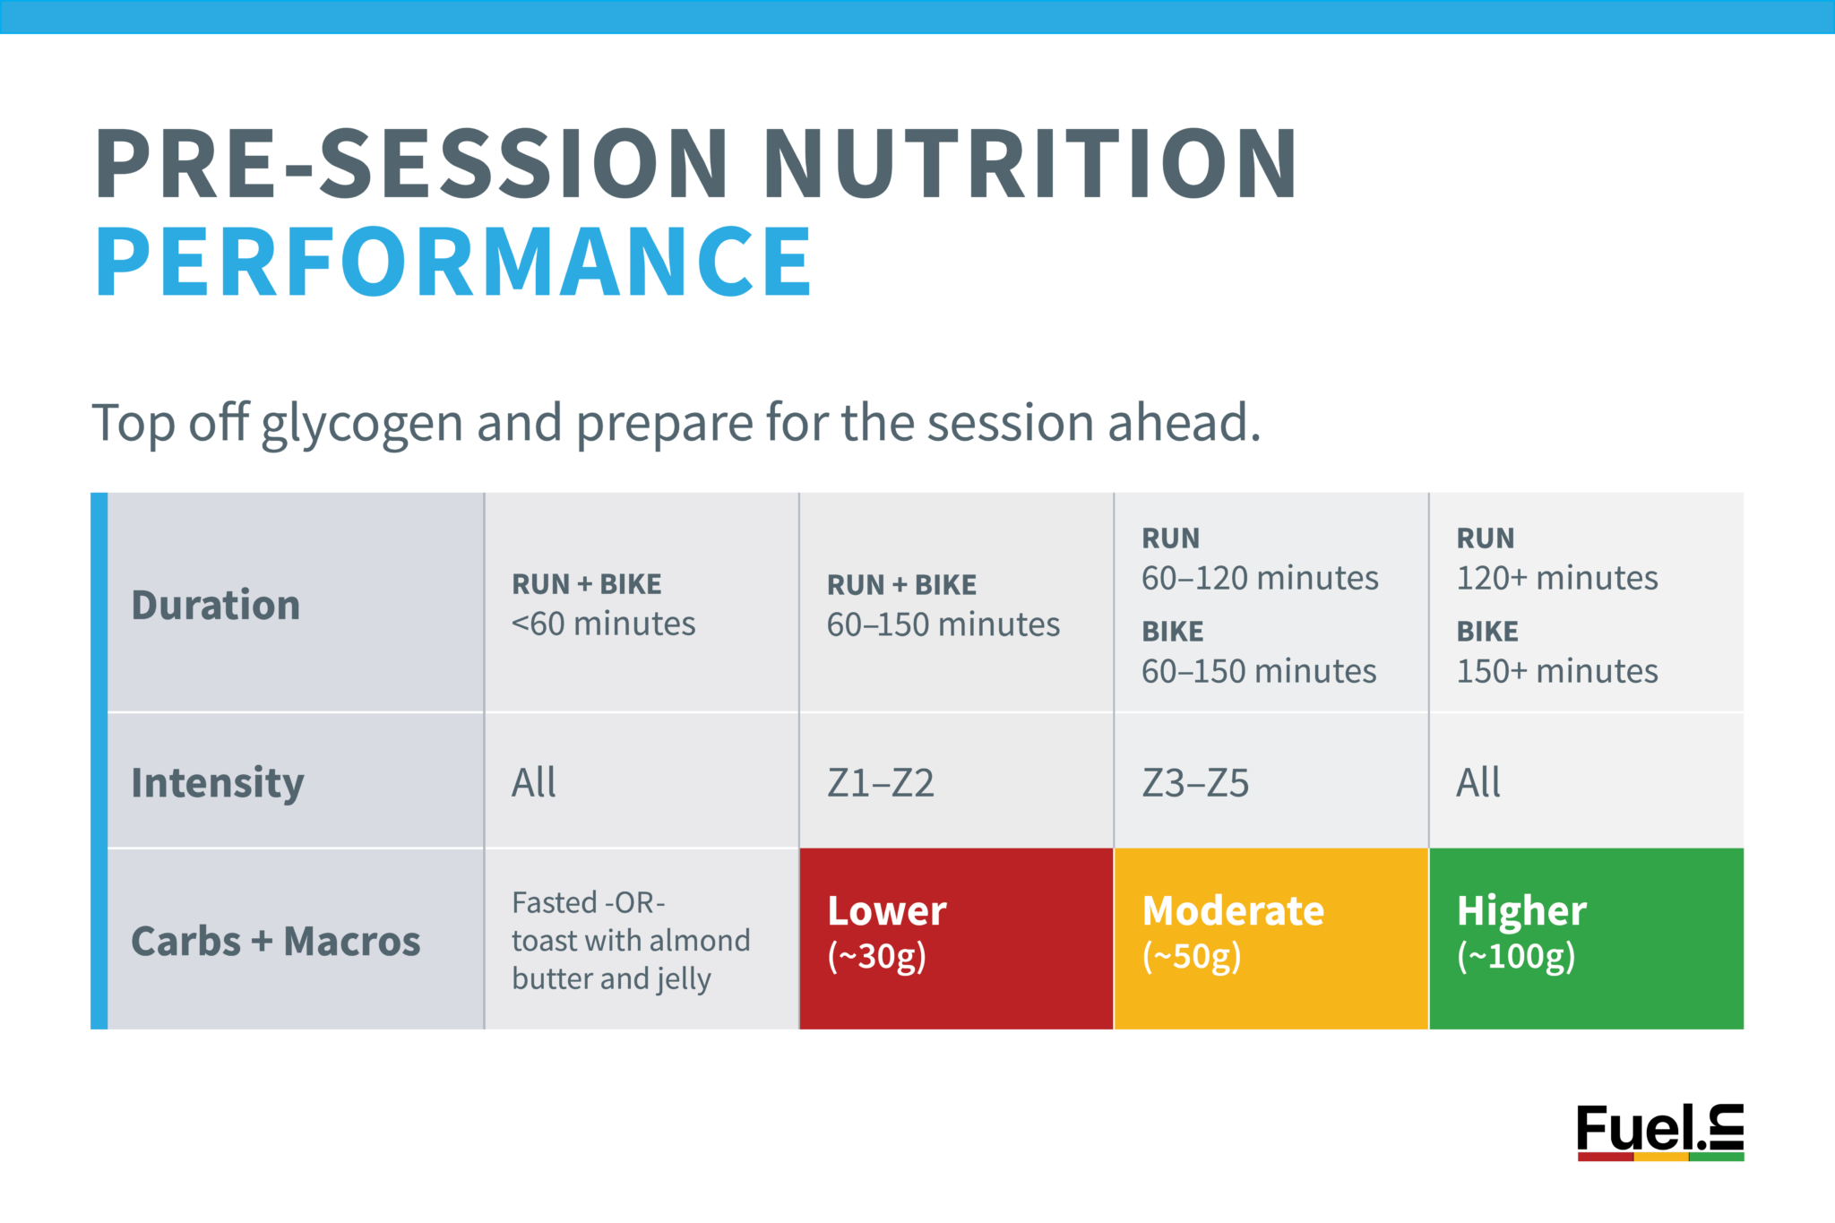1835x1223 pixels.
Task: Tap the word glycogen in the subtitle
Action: [361, 423]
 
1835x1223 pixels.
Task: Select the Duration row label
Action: [215, 605]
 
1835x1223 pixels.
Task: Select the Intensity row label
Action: [218, 782]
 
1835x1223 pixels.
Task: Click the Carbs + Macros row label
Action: [275, 941]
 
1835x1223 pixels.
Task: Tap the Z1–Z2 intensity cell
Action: [880, 783]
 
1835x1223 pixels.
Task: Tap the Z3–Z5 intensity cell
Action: [1194, 783]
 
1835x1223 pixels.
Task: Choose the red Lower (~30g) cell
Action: [955, 937]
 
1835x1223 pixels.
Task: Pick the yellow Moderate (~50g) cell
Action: [1271, 937]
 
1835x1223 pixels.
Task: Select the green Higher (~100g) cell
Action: [1586, 937]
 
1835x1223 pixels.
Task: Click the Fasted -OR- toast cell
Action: [630, 940]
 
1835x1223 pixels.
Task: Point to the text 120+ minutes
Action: [1557, 578]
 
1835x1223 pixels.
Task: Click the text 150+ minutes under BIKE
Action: [1557, 671]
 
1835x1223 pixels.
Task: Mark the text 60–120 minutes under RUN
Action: [1259, 578]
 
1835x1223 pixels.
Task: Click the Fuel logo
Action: [1659, 1132]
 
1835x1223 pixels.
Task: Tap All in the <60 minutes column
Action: [533, 782]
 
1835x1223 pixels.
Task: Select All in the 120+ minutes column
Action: [1477, 782]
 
